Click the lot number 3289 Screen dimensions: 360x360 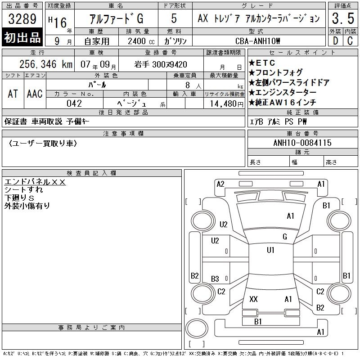[22, 19]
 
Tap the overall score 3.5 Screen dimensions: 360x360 [343, 18]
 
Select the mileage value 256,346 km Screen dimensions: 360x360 [46, 64]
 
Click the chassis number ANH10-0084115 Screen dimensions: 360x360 [302, 143]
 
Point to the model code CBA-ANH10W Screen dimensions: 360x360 [257, 41]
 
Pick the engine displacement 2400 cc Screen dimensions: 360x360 [141, 41]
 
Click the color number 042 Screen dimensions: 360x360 [74, 103]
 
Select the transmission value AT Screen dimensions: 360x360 [13, 94]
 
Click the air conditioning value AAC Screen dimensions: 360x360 [35, 94]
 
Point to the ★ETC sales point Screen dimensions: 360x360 [262, 63]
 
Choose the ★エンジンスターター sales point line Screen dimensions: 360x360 [283, 92]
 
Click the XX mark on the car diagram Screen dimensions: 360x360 [253, 299]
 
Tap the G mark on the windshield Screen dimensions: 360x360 [285, 237]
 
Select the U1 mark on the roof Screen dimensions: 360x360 [270, 250]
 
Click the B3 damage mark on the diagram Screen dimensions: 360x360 [215, 279]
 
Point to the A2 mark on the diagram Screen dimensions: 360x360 [220, 184]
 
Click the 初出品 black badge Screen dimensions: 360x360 [22, 37]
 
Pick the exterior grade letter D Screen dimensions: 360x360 [335, 41]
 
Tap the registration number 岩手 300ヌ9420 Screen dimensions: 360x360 [161, 64]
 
